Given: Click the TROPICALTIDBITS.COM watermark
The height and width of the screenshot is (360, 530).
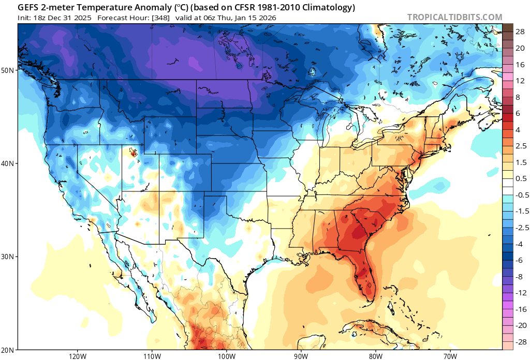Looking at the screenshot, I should pos(454,17).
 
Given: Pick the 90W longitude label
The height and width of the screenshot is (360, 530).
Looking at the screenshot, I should pos(301,356).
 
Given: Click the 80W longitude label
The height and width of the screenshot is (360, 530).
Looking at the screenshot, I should pos(375,356).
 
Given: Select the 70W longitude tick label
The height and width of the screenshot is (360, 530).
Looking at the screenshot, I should pos(450,356).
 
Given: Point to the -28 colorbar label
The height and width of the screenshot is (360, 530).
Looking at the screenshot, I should pos(519,342).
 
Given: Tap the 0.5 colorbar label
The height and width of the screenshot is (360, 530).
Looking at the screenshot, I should pos(520,178).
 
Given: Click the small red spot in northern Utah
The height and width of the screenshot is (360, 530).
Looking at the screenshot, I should pos(134,153).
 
